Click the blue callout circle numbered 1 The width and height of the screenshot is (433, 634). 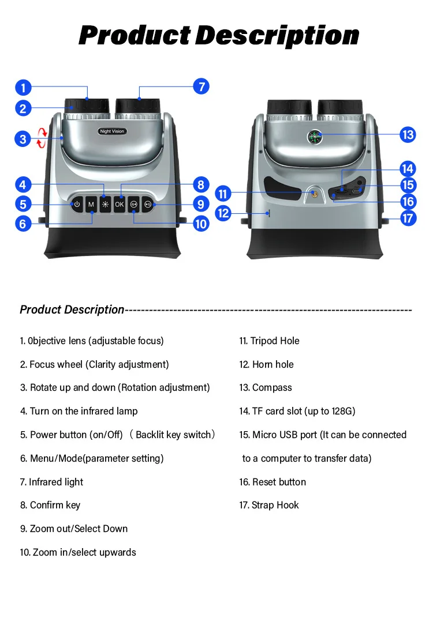coord(23,88)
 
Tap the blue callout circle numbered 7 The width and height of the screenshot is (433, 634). coord(201,87)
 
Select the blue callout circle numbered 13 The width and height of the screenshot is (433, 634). coord(408,135)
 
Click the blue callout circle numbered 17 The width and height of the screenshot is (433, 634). coord(408,218)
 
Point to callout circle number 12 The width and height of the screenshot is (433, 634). coord(223,213)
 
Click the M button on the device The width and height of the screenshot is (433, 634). coord(91,204)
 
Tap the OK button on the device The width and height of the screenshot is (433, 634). coord(120,204)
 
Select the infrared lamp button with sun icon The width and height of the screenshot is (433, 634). coord(105,204)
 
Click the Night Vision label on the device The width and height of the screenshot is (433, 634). coord(112,131)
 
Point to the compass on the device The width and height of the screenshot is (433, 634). coord(313,137)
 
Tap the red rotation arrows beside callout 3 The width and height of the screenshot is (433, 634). coord(40,139)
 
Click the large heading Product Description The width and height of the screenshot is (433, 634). coord(219,35)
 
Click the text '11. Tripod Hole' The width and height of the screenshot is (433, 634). coord(269,341)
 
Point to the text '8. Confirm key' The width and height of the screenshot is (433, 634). coord(50,505)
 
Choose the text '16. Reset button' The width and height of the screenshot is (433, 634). coord(273,482)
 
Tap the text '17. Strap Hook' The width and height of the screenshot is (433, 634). coord(269,505)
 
